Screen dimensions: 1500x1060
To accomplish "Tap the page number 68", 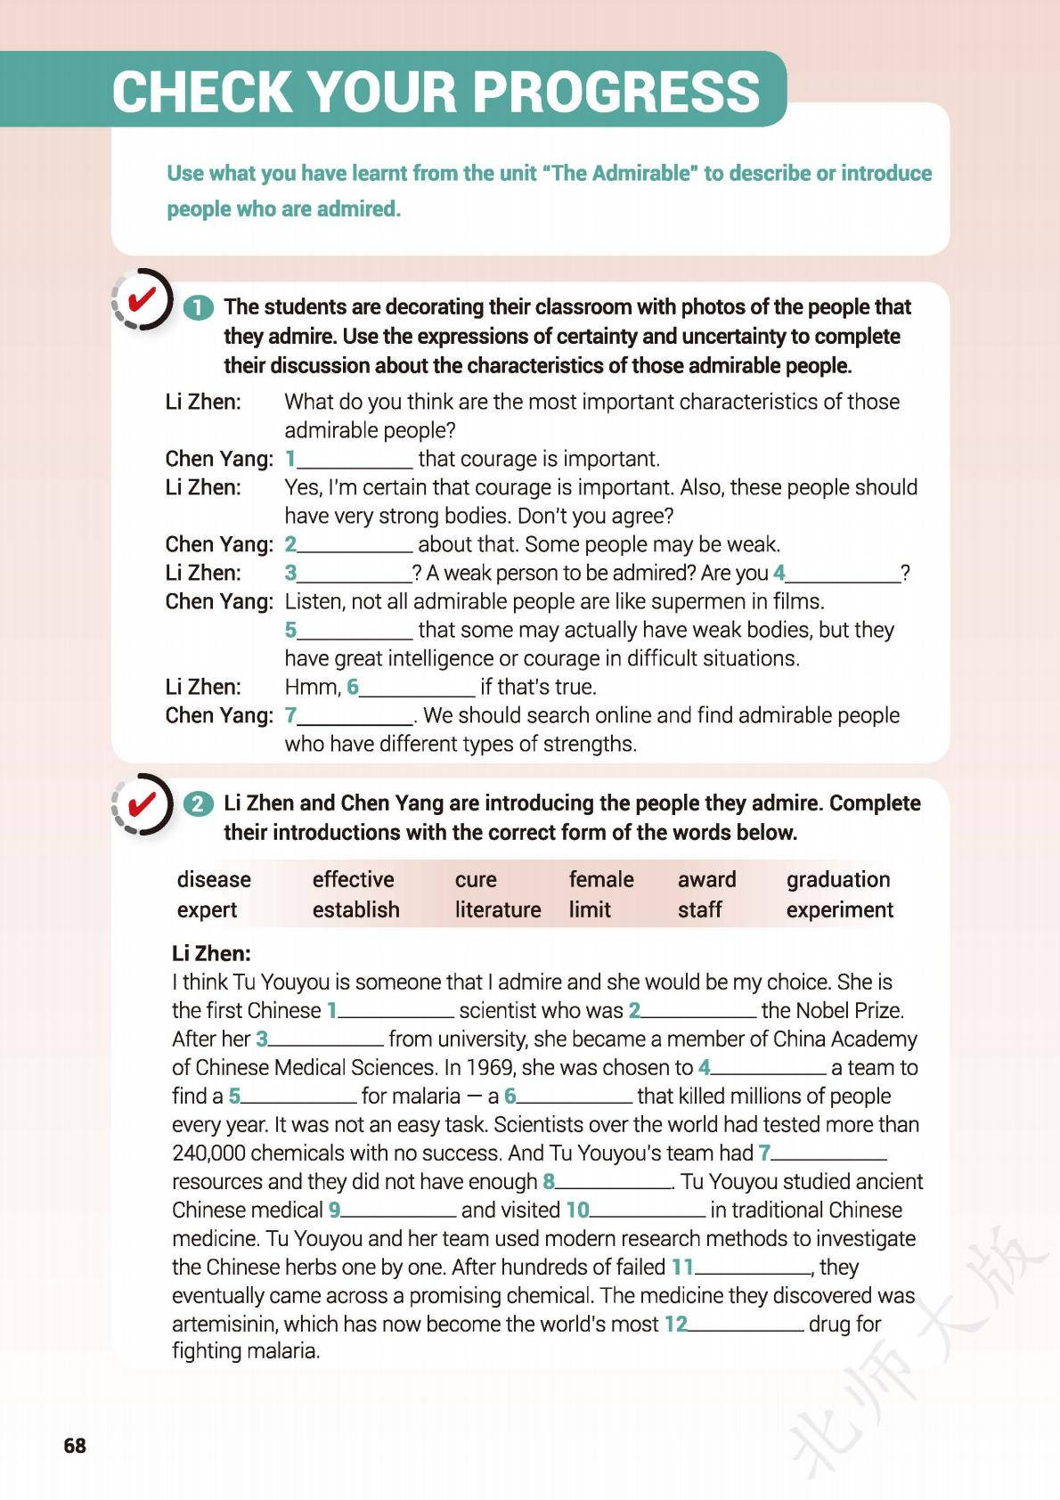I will pyautogui.click(x=75, y=1445).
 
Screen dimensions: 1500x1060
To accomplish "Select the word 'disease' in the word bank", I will pyautogui.click(x=214, y=879).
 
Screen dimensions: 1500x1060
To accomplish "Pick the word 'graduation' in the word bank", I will pyautogui.click(x=838, y=879).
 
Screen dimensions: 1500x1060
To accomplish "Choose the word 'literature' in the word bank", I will pyautogui.click(x=498, y=909).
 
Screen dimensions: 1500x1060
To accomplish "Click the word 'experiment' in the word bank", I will pyautogui.click(x=839, y=909).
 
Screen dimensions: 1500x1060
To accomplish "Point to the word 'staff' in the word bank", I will pyautogui.click(x=699, y=909).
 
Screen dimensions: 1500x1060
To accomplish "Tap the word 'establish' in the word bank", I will pyautogui.click(x=355, y=909).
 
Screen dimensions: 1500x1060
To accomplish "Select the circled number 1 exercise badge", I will pyautogui.click(x=198, y=308).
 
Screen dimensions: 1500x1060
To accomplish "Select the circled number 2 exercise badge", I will pyautogui.click(x=198, y=804).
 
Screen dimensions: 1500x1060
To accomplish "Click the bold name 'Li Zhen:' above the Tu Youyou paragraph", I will pyautogui.click(x=211, y=953).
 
